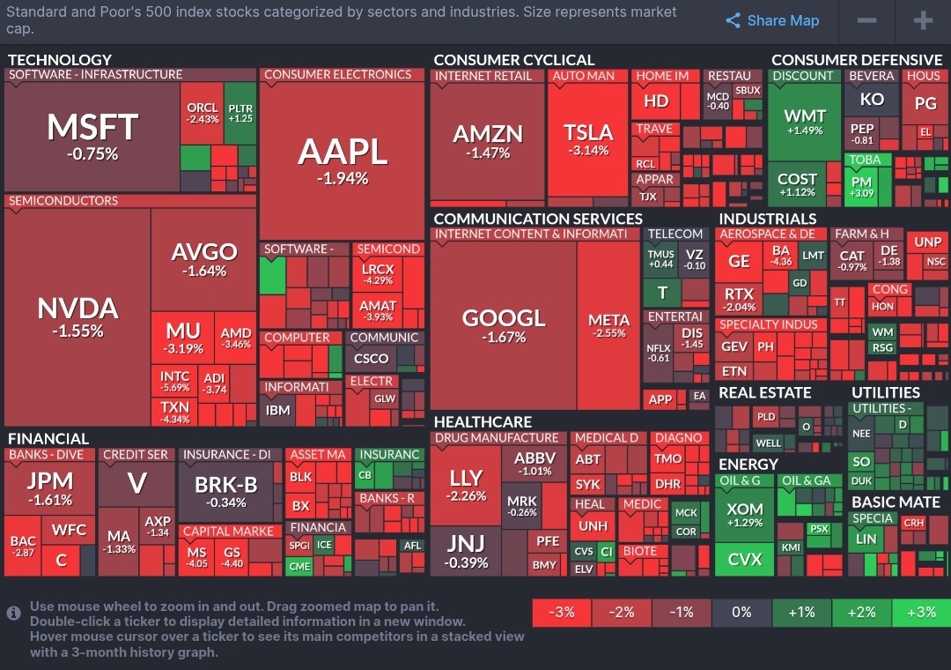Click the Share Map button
pos(772,21)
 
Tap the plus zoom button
pos(922,21)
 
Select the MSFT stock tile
pos(92,137)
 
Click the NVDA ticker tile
pos(77,317)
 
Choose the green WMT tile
pos(804,122)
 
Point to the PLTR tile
pos(240,113)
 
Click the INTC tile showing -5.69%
pos(174,382)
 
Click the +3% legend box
pos(921,612)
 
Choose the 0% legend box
pos(741,612)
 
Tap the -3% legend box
pos(562,612)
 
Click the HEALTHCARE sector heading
pos(483,421)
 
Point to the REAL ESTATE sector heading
pos(765,392)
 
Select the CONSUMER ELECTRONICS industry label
pos(337,75)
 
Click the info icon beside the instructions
pos(13,613)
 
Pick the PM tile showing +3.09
pos(861,186)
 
